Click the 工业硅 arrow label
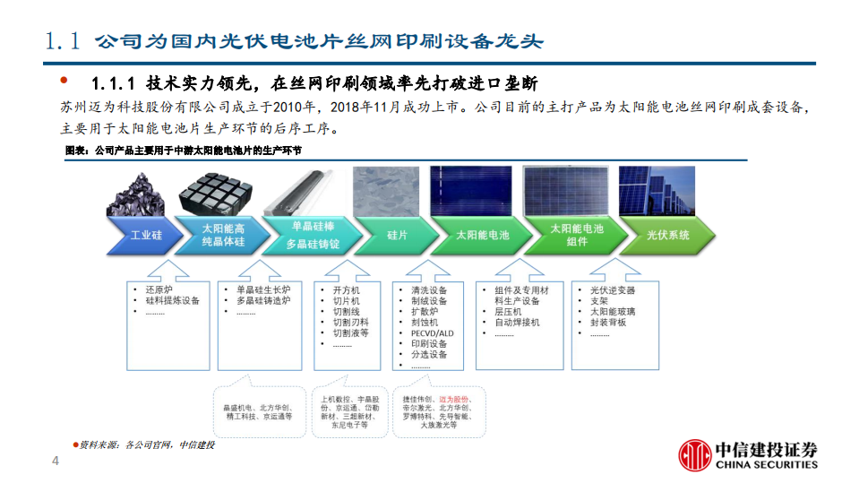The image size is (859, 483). point(145,235)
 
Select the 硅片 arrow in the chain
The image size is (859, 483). point(397,235)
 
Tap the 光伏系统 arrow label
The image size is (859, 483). point(667,235)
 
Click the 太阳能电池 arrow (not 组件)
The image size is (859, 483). point(482,235)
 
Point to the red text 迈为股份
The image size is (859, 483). point(457,399)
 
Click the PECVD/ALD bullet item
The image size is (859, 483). point(432,333)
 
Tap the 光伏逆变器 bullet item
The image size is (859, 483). point(612,290)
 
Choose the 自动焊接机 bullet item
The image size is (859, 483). point(517,323)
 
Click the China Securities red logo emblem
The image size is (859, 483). point(695,455)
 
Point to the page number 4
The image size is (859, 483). point(56,462)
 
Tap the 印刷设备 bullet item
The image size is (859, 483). point(429,344)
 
